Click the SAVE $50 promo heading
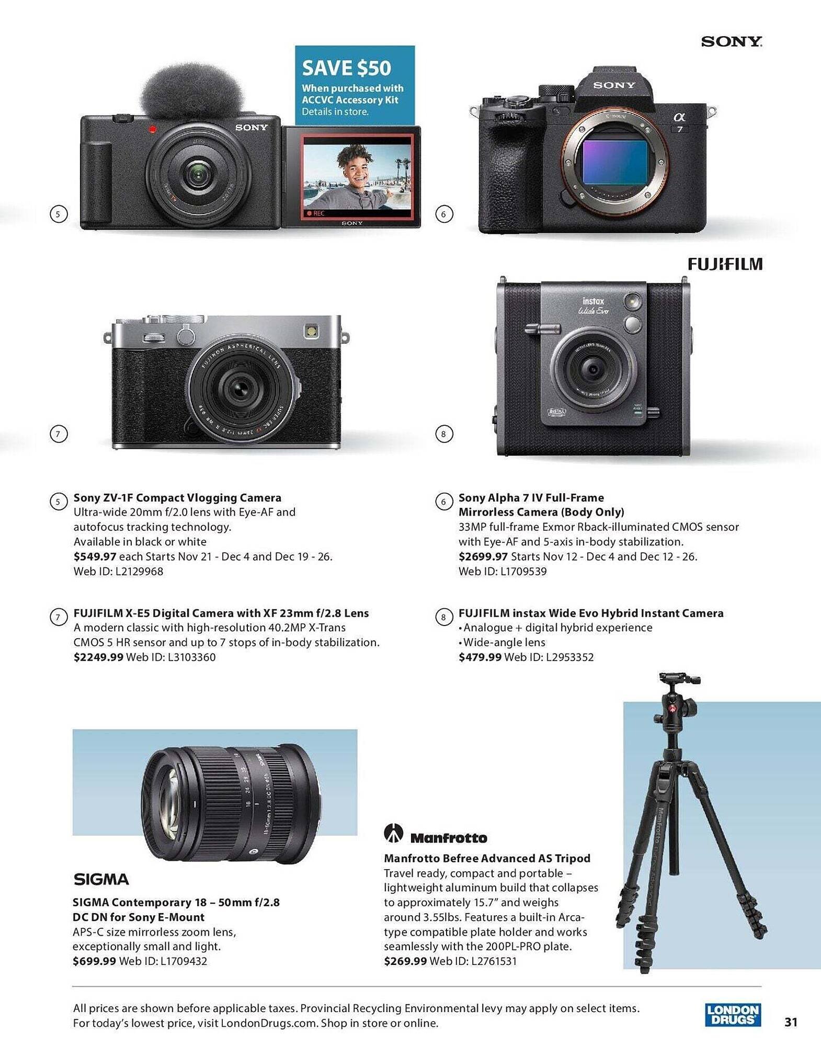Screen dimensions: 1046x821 346,68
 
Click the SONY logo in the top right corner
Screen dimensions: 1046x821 731,42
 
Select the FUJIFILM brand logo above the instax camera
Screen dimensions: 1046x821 725,264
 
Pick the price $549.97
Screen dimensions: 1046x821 95,556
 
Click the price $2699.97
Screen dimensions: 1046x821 483,556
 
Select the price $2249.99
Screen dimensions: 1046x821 98,657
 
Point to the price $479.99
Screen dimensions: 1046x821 480,657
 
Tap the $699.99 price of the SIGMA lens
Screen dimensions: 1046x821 94,961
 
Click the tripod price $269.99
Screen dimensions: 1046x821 405,961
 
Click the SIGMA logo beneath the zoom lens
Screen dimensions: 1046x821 101,879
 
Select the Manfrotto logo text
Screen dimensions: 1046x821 448,838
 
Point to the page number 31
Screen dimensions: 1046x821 791,1021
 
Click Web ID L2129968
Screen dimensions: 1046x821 118,571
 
